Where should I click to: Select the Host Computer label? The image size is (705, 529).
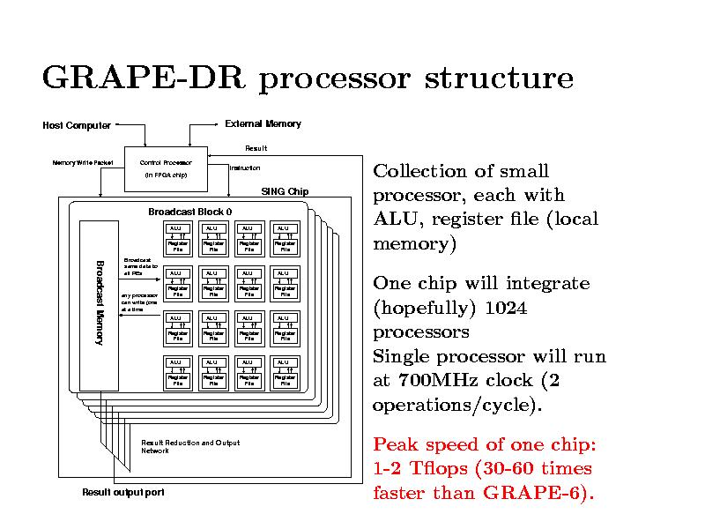[77, 125]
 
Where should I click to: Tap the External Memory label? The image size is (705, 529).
[263, 123]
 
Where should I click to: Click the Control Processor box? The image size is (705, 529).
[166, 168]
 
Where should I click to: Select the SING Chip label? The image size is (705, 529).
[285, 192]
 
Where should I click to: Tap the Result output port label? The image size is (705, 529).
[122, 492]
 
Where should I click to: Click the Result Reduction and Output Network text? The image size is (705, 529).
[189, 446]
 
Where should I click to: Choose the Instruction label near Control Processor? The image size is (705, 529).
[244, 168]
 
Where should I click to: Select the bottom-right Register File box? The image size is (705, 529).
[285, 381]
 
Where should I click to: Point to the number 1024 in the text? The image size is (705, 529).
[505, 309]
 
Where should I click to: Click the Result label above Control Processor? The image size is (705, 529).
[256, 148]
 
